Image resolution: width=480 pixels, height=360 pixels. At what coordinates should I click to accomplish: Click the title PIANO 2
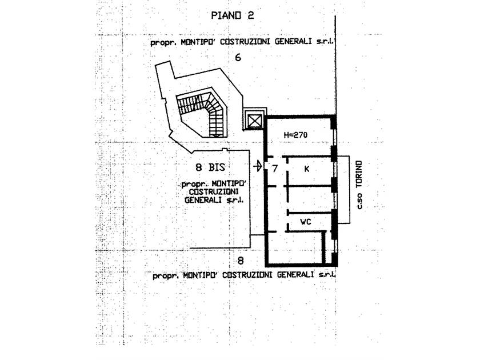tap(233, 15)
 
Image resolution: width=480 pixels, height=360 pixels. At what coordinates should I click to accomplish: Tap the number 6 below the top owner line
tap(238, 57)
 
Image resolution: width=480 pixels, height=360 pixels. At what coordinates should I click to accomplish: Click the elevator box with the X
tap(254, 121)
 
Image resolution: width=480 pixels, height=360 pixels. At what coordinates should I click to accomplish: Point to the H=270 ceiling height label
tap(295, 135)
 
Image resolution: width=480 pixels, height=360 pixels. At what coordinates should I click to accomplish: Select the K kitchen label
tap(307, 169)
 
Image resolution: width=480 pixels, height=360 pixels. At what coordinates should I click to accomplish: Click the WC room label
tap(306, 222)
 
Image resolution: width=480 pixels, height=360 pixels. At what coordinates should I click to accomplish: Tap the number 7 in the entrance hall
tap(275, 169)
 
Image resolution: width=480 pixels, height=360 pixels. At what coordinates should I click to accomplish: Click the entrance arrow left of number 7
tap(258, 166)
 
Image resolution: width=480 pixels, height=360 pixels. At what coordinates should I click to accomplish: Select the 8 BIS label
tap(210, 167)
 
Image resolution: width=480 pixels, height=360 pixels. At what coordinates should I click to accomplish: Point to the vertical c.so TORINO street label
tap(359, 185)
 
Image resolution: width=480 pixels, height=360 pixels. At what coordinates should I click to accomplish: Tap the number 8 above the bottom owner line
tap(241, 261)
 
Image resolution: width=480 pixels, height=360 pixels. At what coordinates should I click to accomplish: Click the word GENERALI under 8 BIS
tap(203, 200)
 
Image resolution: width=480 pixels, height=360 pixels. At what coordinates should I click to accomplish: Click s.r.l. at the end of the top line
tap(325, 41)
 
